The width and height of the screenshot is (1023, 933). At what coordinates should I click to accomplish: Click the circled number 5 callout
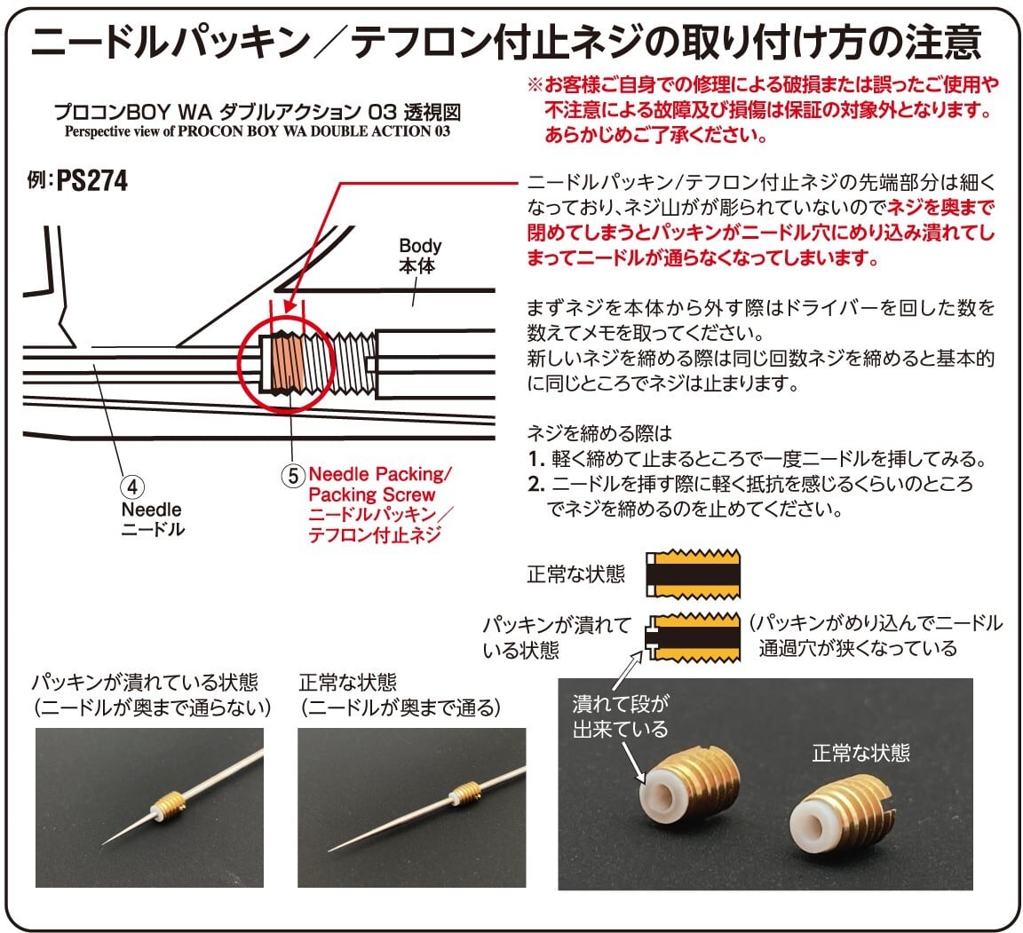point(294,474)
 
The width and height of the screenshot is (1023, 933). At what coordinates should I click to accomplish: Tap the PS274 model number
point(91,181)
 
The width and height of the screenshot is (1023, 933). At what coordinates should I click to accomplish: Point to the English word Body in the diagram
point(420,246)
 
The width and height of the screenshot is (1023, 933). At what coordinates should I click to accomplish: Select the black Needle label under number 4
point(151,510)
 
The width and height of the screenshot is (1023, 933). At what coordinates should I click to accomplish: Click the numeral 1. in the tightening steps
point(535,460)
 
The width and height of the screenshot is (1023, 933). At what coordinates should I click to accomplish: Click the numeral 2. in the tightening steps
point(535,485)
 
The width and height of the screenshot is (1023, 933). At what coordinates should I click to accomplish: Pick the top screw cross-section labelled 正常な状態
point(694,573)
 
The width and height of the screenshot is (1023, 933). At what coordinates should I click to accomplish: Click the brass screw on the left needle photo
point(169,806)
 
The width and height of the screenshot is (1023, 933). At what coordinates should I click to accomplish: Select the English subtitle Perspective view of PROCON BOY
point(258,131)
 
